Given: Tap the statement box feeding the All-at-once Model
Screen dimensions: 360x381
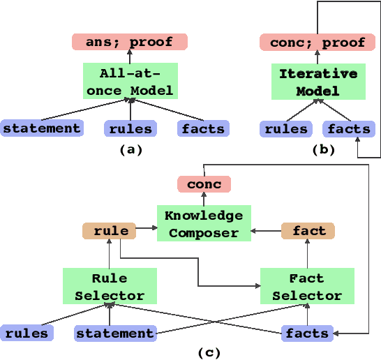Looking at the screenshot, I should [42, 128].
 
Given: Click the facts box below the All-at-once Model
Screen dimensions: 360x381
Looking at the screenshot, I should [203, 128].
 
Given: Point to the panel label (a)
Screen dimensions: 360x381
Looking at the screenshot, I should [130, 149].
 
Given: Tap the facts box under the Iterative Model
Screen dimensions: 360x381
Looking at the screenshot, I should [349, 128].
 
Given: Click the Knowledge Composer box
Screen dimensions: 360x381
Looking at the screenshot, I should [204, 223].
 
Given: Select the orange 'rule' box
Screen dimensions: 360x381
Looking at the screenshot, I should [110, 230].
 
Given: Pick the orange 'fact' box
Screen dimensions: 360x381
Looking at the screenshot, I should [308, 230].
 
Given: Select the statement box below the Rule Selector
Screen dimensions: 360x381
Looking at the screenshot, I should [115, 333].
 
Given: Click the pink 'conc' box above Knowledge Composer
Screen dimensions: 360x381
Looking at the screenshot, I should [204, 184].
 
